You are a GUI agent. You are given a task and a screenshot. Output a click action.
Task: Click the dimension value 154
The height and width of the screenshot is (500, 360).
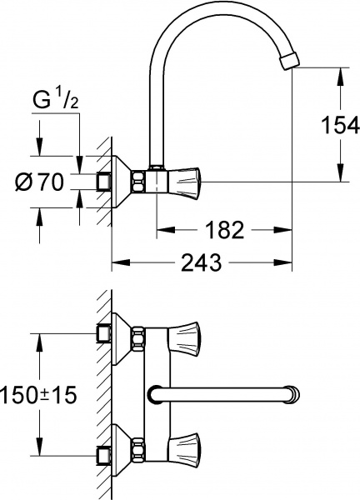[x=340, y=126]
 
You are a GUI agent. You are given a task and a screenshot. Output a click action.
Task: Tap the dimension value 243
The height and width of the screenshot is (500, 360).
[x=202, y=263]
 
